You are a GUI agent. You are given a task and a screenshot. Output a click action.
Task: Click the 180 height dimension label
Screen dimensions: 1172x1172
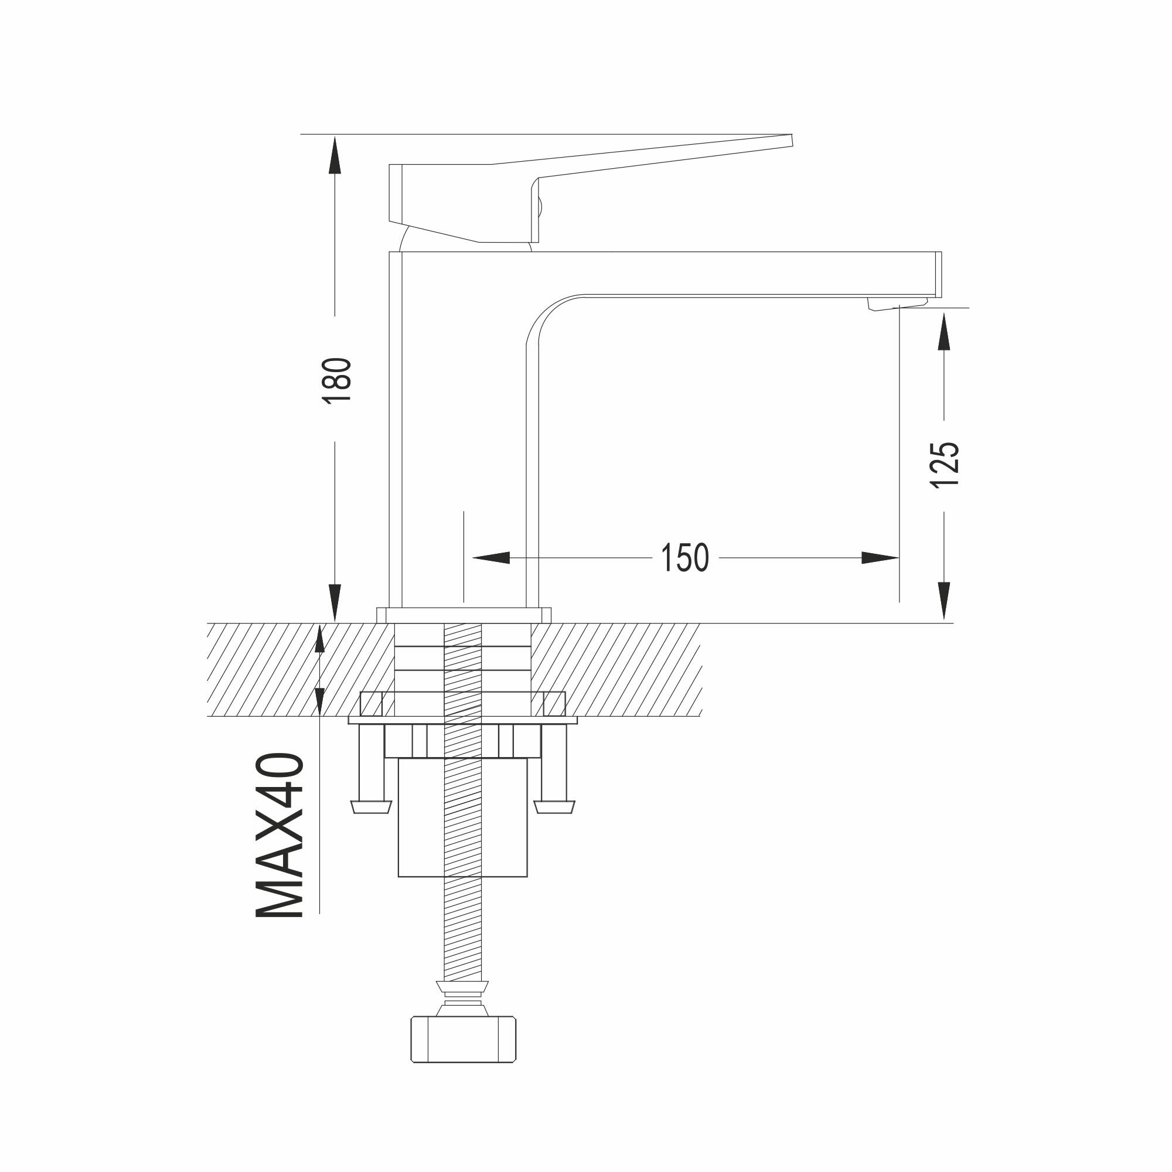click(x=338, y=380)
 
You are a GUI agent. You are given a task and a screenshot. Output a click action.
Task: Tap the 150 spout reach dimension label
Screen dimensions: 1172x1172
click(x=684, y=557)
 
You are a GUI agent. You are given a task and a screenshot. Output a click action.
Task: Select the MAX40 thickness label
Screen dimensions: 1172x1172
click(x=280, y=837)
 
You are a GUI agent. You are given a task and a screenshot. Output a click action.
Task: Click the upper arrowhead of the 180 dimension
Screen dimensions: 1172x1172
click(x=334, y=155)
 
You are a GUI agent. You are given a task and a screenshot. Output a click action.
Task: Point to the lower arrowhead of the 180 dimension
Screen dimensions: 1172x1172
click(x=334, y=602)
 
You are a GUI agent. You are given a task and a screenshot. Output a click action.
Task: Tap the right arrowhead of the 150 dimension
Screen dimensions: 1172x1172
click(x=880, y=557)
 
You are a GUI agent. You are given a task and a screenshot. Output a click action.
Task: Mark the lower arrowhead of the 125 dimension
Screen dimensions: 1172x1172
click(x=943, y=600)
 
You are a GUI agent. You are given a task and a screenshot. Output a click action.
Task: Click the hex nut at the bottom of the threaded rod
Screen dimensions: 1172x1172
click(x=464, y=1039)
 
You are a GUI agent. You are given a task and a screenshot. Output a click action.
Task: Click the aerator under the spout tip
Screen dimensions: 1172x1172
click(x=897, y=304)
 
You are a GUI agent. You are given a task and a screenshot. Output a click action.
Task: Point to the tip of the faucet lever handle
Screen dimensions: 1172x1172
click(x=790, y=141)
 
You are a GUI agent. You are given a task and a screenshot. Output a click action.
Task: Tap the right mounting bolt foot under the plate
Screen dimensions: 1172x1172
click(x=554, y=806)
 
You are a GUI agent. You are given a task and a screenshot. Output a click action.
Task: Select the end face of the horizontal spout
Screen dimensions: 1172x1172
click(x=938, y=274)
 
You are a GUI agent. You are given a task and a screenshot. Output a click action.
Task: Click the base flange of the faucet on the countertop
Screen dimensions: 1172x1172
click(x=464, y=615)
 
